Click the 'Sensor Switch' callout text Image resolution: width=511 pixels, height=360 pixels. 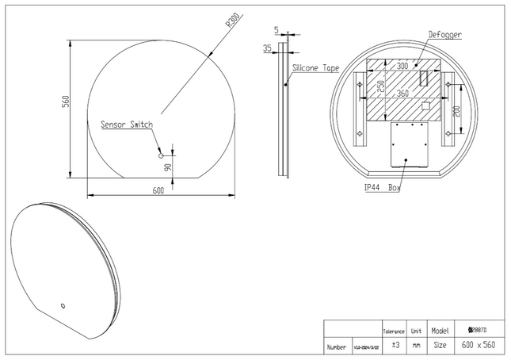tap(126, 124)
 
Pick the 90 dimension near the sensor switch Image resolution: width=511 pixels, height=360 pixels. tap(167, 166)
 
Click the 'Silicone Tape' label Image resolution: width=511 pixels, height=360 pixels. tap(315, 69)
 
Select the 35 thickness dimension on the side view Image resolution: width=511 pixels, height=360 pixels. tap(267, 48)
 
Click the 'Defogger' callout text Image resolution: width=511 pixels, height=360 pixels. tap(444, 35)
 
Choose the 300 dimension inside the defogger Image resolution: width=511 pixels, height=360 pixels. tap(402, 67)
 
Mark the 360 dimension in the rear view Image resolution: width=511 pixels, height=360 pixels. tap(402, 94)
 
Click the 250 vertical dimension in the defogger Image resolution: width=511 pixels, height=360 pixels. tap(380, 87)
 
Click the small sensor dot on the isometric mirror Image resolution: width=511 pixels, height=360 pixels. tap(63, 303)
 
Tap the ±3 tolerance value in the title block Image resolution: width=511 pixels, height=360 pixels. tap(394, 347)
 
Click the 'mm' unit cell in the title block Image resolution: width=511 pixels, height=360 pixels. tap(416, 347)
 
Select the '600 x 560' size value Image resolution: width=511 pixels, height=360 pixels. tap(478, 347)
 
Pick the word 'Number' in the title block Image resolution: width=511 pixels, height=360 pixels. tap(335, 347)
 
